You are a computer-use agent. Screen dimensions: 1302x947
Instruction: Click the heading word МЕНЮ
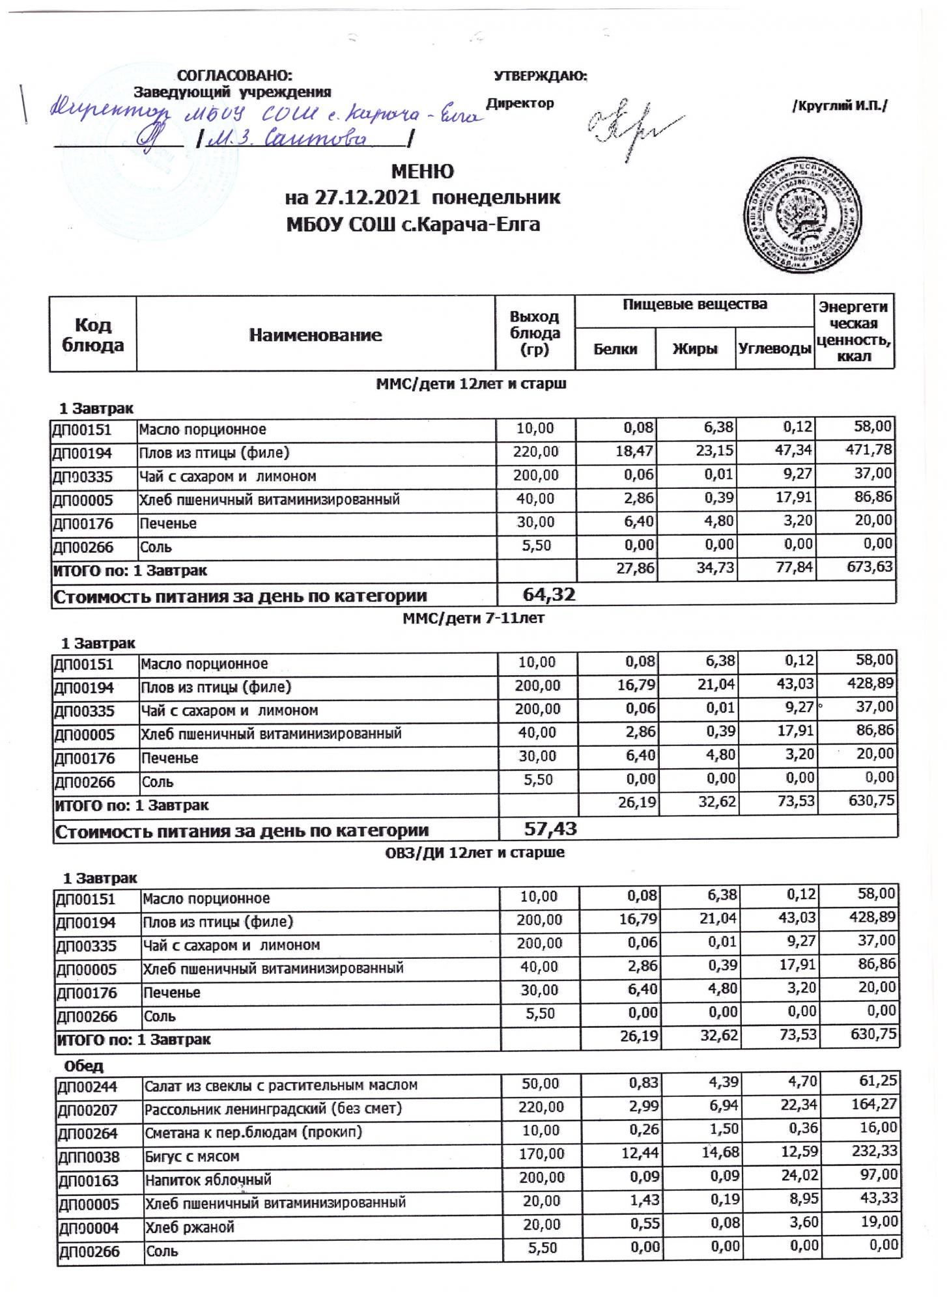(x=422, y=171)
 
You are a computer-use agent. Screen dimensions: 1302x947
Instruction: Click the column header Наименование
(x=315, y=335)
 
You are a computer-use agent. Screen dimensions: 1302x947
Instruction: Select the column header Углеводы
(x=776, y=349)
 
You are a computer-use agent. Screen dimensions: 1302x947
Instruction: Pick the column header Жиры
(x=695, y=349)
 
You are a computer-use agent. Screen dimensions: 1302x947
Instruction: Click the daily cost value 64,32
(x=549, y=594)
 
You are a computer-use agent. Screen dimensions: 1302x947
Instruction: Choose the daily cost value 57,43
(x=550, y=829)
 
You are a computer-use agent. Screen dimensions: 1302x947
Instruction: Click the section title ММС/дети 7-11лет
(x=473, y=618)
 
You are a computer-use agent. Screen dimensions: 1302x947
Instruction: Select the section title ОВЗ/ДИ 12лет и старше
(x=473, y=853)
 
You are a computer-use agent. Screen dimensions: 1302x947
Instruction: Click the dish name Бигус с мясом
(x=192, y=1157)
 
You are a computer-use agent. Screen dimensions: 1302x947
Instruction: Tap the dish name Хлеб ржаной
(x=190, y=1228)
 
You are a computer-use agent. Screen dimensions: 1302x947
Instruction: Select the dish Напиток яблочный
(x=208, y=1180)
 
